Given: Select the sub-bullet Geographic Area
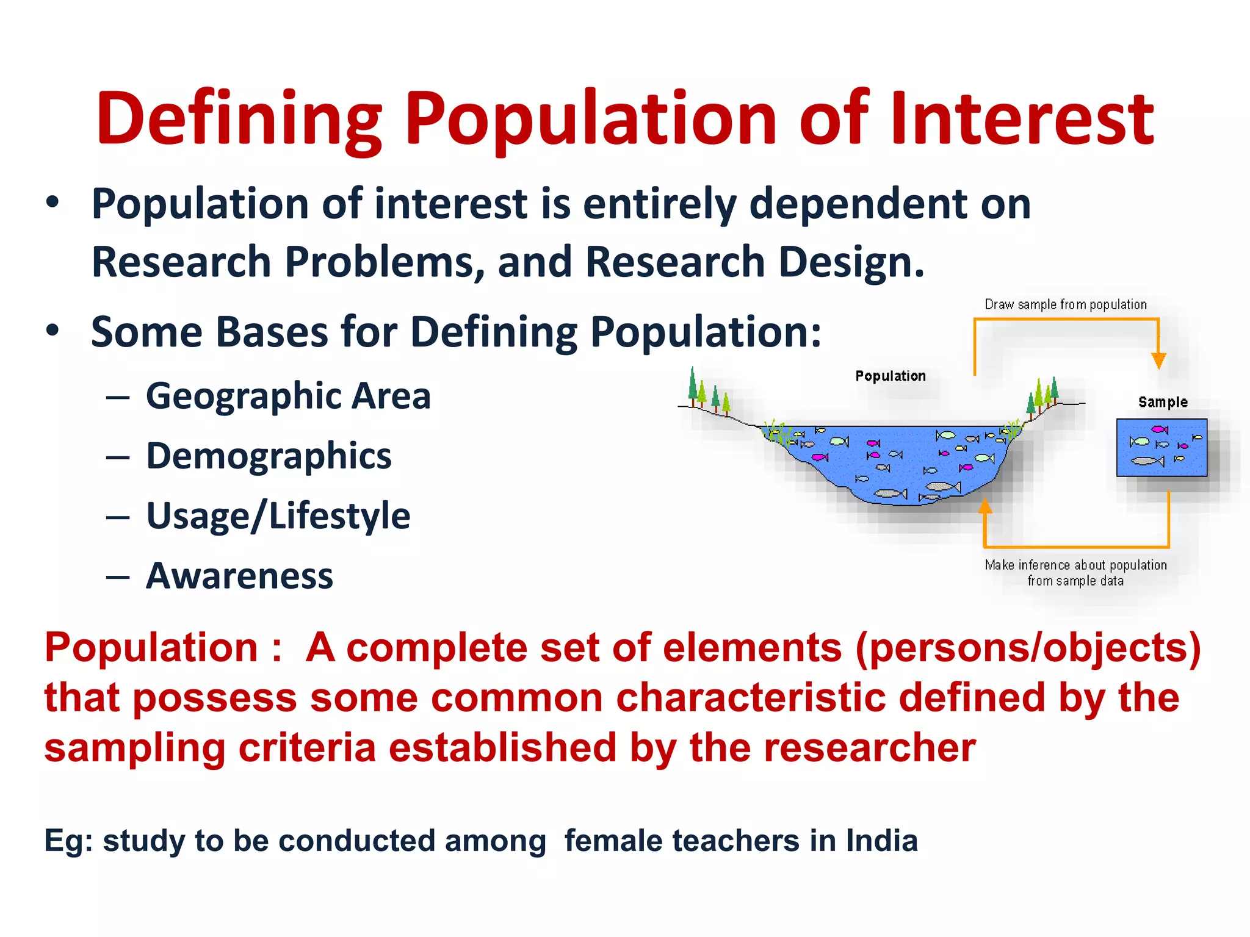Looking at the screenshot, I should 288,396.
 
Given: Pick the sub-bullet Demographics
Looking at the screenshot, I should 269,456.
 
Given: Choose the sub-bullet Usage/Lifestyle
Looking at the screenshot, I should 278,516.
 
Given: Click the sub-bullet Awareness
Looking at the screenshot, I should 240,576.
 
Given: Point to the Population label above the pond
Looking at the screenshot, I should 891,376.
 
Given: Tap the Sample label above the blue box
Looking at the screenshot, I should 1163,402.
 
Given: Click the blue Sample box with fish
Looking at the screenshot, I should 1161,448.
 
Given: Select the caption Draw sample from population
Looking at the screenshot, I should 1066,304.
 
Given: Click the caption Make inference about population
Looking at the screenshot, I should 1075,565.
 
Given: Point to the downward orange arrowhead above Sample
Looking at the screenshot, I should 1158,361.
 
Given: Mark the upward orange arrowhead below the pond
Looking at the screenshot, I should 984,507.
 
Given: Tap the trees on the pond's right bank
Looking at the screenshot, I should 1043,397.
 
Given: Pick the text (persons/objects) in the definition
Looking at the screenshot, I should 1028,647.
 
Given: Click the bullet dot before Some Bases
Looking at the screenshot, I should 53,330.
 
